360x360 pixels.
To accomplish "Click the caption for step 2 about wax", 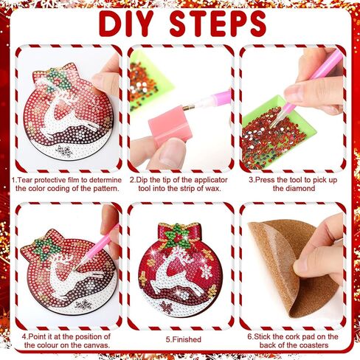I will coord(180,184).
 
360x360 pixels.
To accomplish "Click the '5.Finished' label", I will coord(180,339).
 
